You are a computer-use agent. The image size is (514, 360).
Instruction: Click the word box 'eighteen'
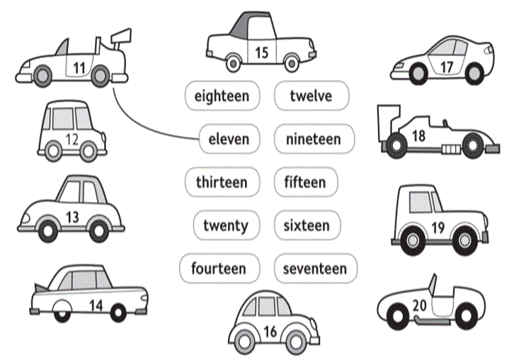222,96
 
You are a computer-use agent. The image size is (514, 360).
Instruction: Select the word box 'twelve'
310,96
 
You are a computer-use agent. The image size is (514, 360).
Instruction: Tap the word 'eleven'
229,139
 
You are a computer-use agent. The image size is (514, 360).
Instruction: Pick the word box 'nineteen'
313,139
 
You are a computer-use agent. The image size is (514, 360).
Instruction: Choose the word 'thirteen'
222,182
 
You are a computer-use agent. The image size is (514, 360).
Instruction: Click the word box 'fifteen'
305,182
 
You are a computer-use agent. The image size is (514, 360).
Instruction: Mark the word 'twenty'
226,225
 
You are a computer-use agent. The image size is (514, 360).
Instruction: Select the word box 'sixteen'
307,225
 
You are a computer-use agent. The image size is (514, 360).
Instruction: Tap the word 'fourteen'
218,269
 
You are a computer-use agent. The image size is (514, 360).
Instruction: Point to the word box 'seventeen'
315,269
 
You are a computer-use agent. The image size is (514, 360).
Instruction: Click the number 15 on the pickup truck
261,52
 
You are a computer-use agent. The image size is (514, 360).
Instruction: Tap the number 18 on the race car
419,135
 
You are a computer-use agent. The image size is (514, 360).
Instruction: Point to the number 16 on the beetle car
270,330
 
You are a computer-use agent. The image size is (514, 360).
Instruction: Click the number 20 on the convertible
418,305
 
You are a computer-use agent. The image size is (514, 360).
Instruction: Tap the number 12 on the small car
72,139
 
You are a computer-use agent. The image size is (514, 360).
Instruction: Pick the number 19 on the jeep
438,227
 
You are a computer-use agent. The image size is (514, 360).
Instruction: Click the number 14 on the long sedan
96,305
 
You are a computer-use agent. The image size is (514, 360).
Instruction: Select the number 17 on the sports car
447,67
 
